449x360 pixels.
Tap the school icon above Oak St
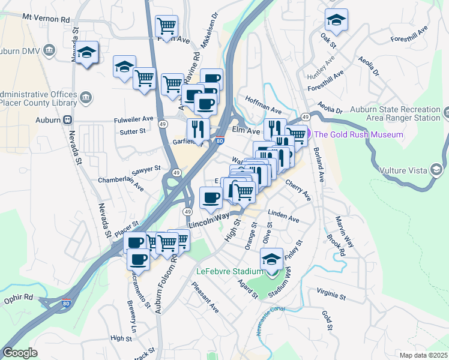[x=337, y=20]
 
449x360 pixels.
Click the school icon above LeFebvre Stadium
[x=271, y=260]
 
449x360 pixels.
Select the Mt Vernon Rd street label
[x=46, y=19]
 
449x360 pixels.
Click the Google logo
[x=20, y=352]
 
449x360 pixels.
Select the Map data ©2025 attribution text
[x=423, y=355]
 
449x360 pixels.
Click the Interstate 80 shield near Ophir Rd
[x=65, y=304]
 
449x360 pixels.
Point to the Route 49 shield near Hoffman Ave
[x=306, y=116]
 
